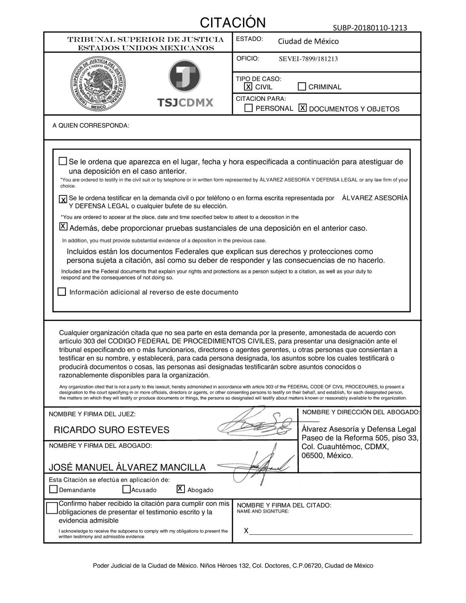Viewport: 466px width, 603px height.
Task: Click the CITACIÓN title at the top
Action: [x=233, y=23]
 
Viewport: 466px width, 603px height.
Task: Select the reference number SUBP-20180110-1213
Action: [x=369, y=28]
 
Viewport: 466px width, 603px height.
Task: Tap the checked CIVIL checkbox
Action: [x=248, y=86]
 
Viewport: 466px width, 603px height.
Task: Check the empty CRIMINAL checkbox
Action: [x=302, y=86]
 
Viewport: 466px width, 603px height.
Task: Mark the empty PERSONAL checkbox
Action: [x=249, y=108]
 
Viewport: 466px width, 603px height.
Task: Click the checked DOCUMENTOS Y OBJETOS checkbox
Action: [x=303, y=108]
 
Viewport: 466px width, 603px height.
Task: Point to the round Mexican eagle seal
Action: [x=98, y=84]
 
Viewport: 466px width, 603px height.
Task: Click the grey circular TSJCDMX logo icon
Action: [x=185, y=76]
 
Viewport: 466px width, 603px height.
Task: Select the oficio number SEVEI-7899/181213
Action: [x=308, y=59]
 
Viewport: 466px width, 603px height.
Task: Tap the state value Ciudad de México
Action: [x=308, y=41]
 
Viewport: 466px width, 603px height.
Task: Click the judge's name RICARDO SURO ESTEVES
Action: [x=111, y=430]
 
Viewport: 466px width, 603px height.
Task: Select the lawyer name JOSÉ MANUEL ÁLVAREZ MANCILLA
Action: [x=127, y=467]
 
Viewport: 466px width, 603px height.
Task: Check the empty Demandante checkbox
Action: [x=54, y=489]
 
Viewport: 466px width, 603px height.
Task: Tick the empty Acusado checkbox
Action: [x=127, y=489]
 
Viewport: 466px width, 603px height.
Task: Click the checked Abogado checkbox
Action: [x=181, y=489]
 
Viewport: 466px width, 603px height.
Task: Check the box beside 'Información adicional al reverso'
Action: [x=62, y=291]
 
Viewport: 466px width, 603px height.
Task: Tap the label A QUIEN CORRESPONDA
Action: [x=91, y=126]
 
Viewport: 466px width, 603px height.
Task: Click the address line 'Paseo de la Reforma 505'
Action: [x=359, y=438]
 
